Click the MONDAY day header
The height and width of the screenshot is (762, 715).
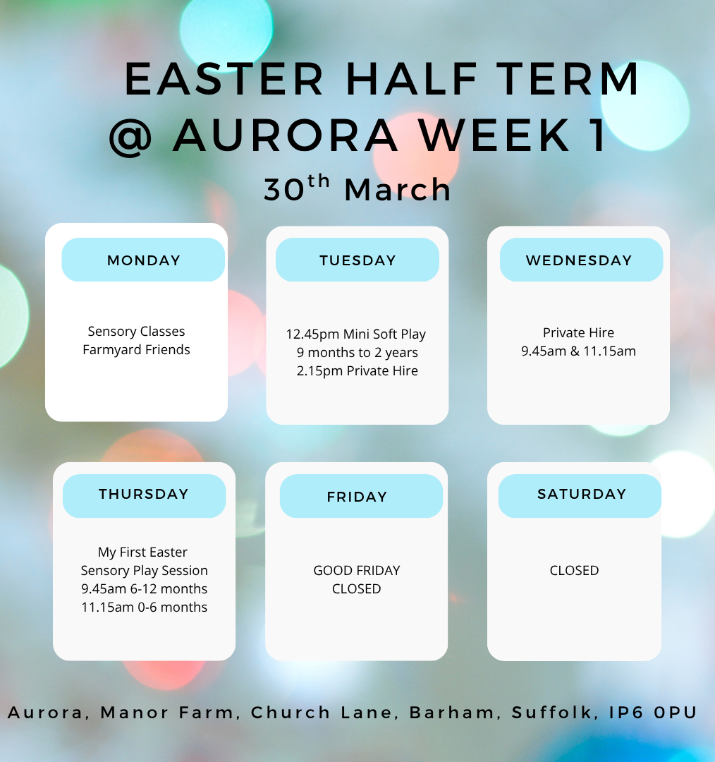click(x=143, y=260)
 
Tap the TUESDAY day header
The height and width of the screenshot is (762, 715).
click(x=357, y=260)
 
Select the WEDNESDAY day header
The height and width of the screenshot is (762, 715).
click(x=582, y=260)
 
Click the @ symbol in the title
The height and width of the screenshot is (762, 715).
click(x=130, y=137)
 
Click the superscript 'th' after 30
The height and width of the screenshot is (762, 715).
click(x=319, y=182)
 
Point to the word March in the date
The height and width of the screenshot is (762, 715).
click(x=398, y=189)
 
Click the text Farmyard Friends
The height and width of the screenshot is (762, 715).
click(x=137, y=350)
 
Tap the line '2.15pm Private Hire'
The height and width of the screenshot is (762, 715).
click(x=357, y=371)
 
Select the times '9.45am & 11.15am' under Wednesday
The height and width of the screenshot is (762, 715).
click(x=578, y=351)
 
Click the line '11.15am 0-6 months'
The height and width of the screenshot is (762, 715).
click(x=145, y=607)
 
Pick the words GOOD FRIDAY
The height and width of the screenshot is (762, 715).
click(x=357, y=571)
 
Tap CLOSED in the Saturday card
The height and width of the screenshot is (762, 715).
click(x=574, y=571)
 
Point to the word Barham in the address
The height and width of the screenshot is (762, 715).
click(x=452, y=713)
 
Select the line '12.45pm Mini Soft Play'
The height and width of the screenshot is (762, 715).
click(x=356, y=334)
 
